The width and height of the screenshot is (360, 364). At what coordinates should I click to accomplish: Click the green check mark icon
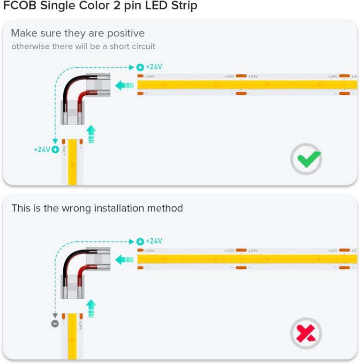coord(306,159)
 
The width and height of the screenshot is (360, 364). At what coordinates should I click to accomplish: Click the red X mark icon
coord(306,334)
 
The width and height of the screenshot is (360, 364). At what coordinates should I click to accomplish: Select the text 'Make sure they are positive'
coord(78,33)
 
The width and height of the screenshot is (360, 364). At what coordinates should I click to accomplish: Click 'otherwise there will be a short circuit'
coord(83,46)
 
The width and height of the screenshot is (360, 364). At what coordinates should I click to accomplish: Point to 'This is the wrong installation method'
coord(97,208)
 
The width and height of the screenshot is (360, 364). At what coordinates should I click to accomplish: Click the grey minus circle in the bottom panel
coord(55,324)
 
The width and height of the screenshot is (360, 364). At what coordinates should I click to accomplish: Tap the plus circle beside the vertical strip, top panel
coord(55,150)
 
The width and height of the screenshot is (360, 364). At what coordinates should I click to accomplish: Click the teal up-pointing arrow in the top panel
coord(91,133)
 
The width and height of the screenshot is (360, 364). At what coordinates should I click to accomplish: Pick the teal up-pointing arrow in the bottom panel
coord(91,308)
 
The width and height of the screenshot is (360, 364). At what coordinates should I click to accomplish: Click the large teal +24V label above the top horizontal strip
coord(154,67)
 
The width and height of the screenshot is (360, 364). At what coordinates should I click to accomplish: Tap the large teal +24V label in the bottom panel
coord(154,241)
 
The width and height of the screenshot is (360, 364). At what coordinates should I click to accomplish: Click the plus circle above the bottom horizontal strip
coord(140,242)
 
